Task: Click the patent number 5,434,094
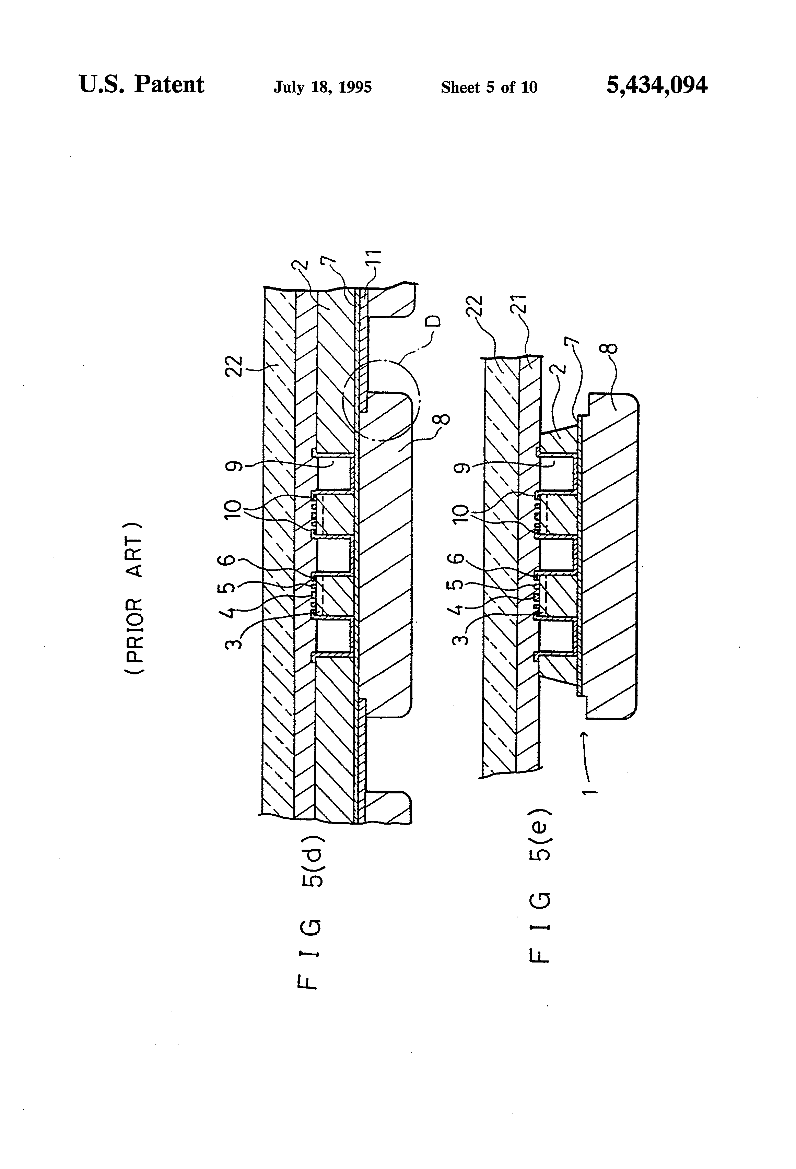(657, 85)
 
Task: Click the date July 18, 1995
(323, 87)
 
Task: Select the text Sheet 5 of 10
(489, 87)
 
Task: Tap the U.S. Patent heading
(141, 84)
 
